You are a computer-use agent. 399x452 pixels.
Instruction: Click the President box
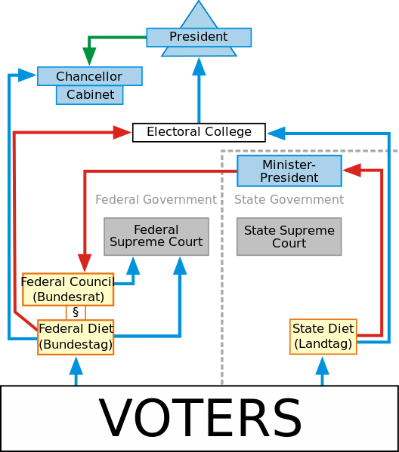[x=198, y=37]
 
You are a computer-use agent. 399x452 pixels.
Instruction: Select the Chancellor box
[x=89, y=76]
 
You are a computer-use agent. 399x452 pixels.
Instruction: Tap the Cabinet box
[x=90, y=95]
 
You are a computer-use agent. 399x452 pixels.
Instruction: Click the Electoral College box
[x=199, y=132]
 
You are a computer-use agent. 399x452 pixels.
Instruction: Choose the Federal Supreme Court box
[x=156, y=236]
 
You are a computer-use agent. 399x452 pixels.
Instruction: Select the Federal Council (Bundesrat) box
[x=68, y=289]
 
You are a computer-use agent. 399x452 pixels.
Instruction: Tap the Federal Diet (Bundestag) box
[x=76, y=337]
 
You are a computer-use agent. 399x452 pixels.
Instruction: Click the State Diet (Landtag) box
[x=323, y=337]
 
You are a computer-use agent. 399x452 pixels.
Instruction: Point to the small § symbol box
[x=75, y=312]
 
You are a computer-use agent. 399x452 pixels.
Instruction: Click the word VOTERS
[x=199, y=418]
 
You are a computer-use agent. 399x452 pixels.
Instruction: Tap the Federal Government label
[x=156, y=200]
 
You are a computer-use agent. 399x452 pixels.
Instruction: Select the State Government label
[x=289, y=200]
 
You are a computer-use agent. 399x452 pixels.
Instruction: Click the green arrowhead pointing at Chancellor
[x=89, y=57]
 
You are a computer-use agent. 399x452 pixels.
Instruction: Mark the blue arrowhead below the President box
[x=199, y=66]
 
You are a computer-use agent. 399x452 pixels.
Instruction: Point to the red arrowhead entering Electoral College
[x=123, y=133]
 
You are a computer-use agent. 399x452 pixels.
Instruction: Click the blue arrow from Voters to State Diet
[x=323, y=371]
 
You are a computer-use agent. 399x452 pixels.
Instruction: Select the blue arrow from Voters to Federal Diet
[x=76, y=371]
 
